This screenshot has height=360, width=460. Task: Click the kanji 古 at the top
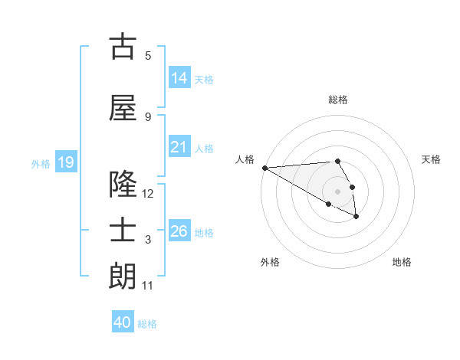pyautogui.click(x=123, y=47)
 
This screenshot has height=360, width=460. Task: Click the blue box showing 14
pyautogui.click(x=179, y=77)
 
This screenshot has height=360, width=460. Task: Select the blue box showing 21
pyautogui.click(x=179, y=147)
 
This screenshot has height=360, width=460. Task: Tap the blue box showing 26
pyautogui.click(x=179, y=231)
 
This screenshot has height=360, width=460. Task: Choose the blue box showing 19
pyautogui.click(x=66, y=162)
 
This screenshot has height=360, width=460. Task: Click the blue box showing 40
pyautogui.click(x=123, y=322)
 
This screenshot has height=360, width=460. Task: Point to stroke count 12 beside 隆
pyautogui.click(x=148, y=194)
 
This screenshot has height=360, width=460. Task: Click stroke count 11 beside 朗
pyautogui.click(x=148, y=286)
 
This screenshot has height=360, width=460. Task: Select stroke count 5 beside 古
pyautogui.click(x=148, y=56)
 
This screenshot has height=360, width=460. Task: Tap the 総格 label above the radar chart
pyautogui.click(x=337, y=100)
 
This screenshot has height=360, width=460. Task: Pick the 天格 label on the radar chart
pyautogui.click(x=431, y=159)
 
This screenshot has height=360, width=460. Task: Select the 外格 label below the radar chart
pyautogui.click(x=270, y=262)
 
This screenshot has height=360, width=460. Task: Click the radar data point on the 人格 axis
pyautogui.click(x=264, y=168)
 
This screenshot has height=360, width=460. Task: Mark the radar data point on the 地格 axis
pyautogui.click(x=356, y=218)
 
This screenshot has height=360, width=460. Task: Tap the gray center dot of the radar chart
pyautogui.click(x=337, y=191)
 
